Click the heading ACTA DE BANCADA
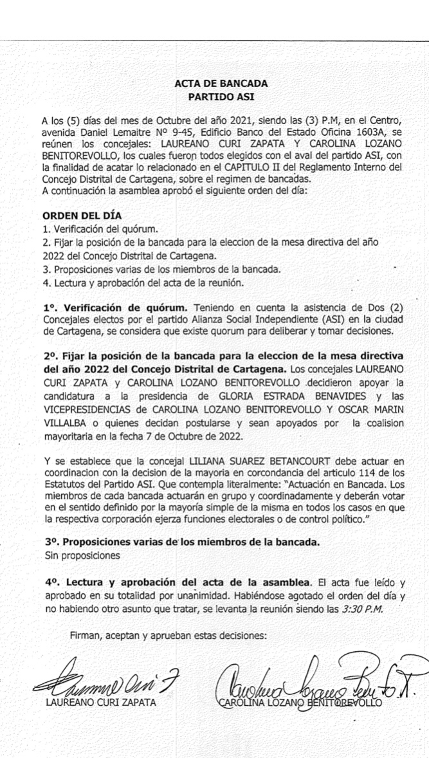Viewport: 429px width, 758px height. coord(221,83)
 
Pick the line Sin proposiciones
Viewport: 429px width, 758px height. coord(83,554)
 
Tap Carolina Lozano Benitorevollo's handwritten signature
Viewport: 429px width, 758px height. coord(315,683)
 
